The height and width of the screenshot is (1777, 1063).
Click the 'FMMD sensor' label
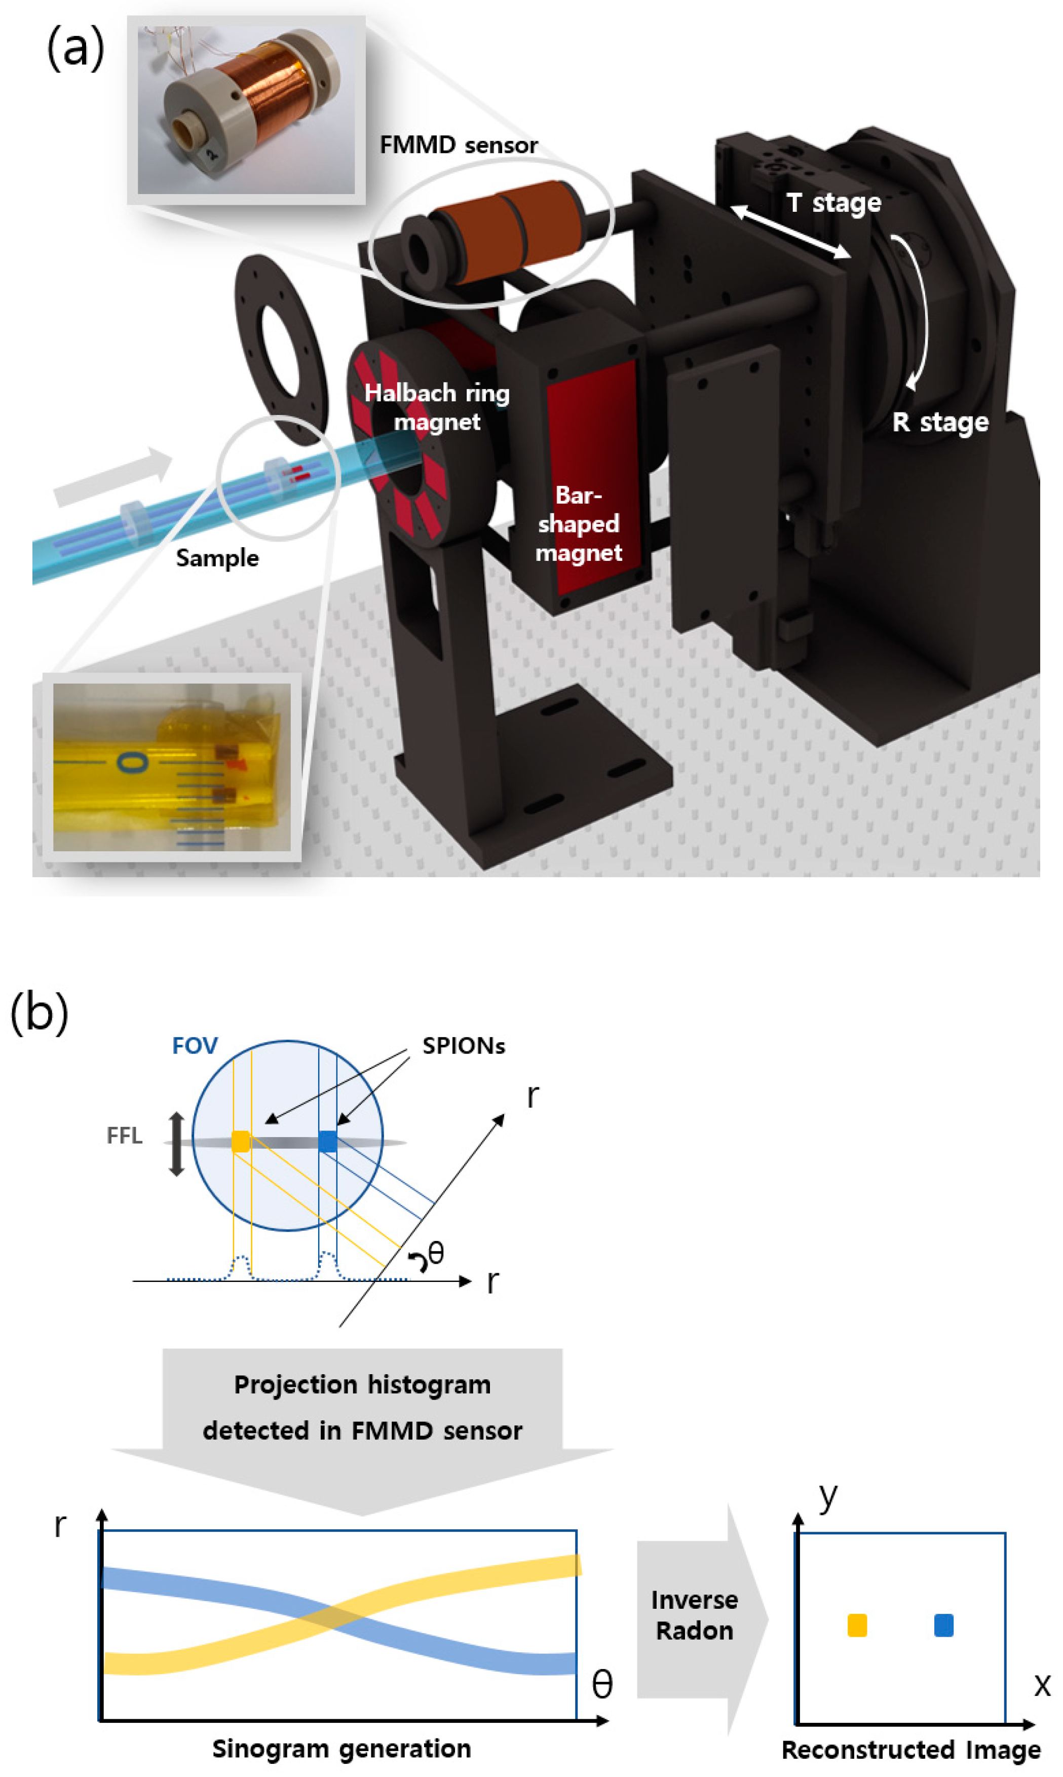459,145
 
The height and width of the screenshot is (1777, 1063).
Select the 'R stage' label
940,422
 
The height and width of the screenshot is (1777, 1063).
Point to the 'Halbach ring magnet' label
437,407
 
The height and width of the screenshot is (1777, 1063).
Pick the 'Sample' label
217,558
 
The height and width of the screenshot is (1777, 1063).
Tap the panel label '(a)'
75,49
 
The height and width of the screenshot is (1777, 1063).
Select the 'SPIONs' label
464,1046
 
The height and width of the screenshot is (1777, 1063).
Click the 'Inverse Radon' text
694,1615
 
